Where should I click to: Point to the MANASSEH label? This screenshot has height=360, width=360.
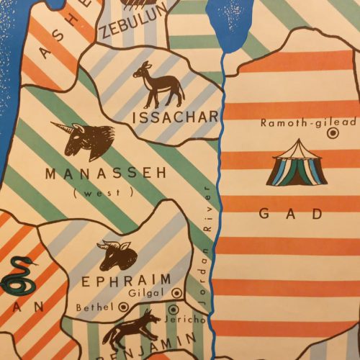105,174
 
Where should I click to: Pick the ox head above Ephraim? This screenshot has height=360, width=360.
117,254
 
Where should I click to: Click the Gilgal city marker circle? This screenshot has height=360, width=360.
176,292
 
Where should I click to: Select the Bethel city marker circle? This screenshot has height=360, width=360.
122,307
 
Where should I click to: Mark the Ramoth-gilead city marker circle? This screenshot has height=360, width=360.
333,133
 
